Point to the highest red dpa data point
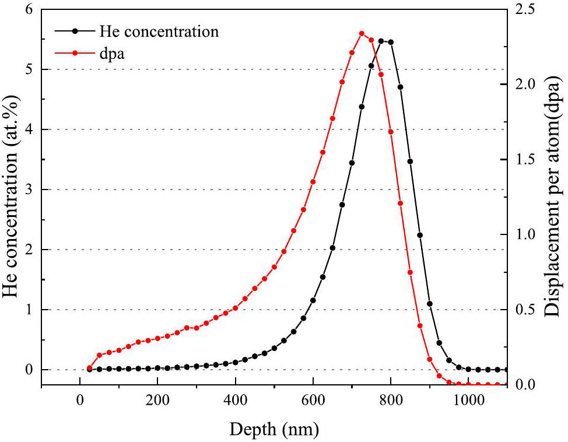click(362, 33)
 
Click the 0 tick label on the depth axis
click(80, 401)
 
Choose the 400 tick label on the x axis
click(235, 401)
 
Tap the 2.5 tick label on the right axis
click(525, 10)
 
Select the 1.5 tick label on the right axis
click(525, 160)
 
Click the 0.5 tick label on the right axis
click(525, 310)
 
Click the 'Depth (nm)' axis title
click(274, 430)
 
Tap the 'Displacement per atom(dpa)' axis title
click(554, 198)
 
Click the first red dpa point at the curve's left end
click(89, 368)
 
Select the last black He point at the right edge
click(506, 370)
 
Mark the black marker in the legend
click(75, 31)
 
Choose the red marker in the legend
click(75, 52)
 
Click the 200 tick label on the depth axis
click(157, 401)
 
